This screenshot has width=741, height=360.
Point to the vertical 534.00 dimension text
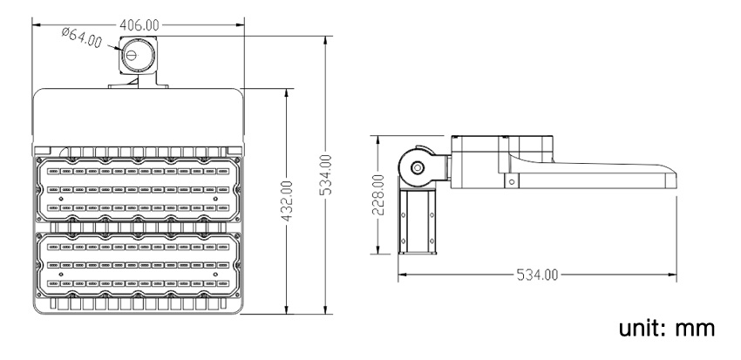point(325,173)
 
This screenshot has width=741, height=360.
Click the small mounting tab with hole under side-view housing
point(511,180)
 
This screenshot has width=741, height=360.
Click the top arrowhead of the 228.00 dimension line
point(377,139)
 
